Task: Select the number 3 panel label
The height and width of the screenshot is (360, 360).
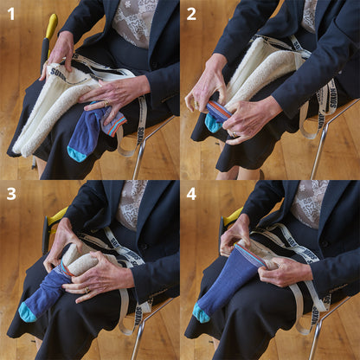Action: coord(10,193)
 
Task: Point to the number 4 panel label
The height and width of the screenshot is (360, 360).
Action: coord(191,193)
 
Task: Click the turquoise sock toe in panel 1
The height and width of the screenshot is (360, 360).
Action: coord(77,154)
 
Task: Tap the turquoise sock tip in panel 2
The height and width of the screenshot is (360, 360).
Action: coord(213,124)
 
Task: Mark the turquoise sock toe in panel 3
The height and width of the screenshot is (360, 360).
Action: coord(28,312)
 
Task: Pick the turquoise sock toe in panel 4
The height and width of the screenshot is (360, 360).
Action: coord(202,313)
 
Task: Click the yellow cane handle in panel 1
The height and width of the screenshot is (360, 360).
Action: coord(51,25)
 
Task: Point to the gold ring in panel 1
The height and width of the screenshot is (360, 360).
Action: coord(105,106)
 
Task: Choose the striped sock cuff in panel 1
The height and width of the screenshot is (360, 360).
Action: coord(112,123)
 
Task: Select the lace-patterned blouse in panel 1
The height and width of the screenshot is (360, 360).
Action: coord(135,22)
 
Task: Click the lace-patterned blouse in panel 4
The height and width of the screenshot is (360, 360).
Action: coord(309,202)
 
